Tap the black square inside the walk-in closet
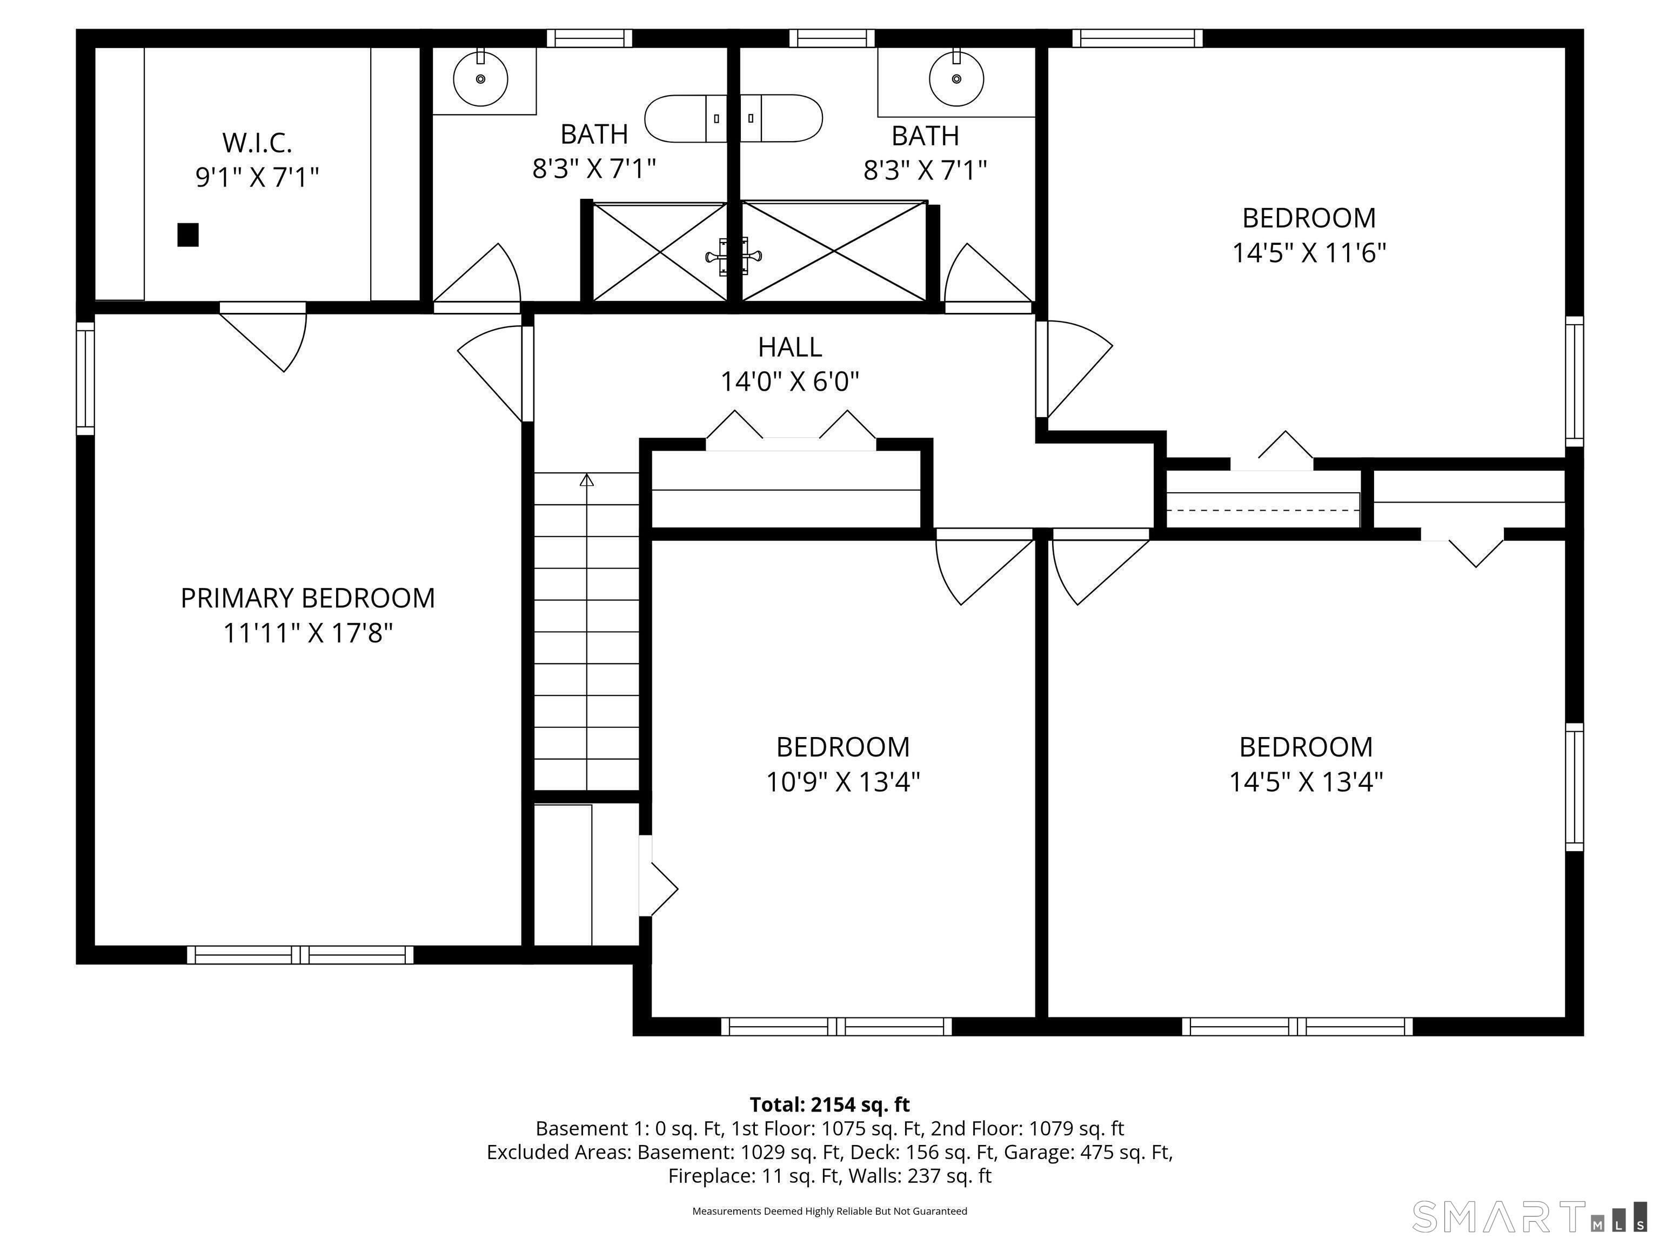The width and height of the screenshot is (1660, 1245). tap(188, 235)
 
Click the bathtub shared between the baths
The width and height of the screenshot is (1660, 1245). tap(733, 118)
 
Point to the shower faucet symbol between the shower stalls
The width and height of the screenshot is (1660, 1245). tap(733, 257)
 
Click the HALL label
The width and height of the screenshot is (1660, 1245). tap(789, 347)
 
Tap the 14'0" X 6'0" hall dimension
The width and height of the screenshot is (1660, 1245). tap(789, 382)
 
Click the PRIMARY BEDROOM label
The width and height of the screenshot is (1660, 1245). tap(307, 598)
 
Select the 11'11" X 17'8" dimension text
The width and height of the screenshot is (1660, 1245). tap(307, 633)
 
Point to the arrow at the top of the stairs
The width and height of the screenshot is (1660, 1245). tap(587, 479)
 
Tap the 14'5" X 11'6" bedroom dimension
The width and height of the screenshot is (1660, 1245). tap(1309, 253)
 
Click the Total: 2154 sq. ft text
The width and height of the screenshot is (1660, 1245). tap(829, 1105)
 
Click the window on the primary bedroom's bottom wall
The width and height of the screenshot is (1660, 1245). tap(300, 955)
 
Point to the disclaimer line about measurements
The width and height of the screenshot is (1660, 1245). tap(829, 1210)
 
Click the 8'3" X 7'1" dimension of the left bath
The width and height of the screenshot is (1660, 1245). tap(594, 169)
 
